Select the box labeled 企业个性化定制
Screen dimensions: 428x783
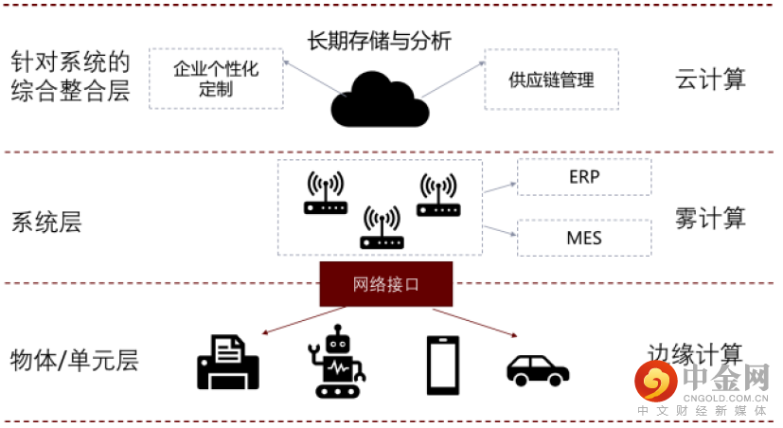(x=216, y=80)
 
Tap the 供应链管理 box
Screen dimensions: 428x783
(x=551, y=80)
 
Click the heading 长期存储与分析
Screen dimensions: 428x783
(x=379, y=41)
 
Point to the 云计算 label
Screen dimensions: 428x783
(x=711, y=79)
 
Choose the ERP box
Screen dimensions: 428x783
(x=584, y=177)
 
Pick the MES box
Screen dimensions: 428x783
(x=584, y=238)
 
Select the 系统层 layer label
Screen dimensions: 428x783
(x=46, y=223)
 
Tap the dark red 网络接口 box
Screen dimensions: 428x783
(x=385, y=284)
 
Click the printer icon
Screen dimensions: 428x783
(x=227, y=361)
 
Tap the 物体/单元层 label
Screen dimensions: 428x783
(x=74, y=360)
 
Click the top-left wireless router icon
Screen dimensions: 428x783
(x=325, y=192)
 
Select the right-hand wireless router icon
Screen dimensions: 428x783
(x=438, y=195)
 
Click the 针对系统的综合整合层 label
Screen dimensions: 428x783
(x=70, y=78)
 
